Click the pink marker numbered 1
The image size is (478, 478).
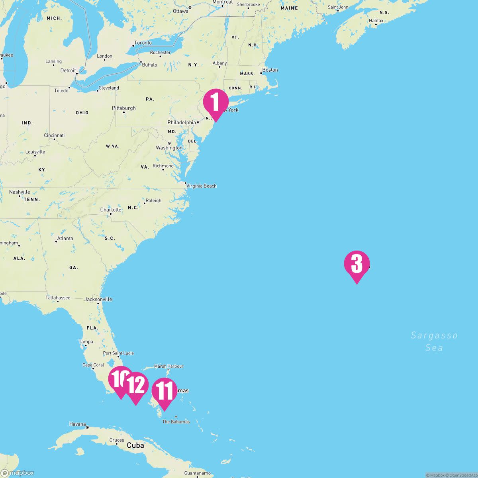(215, 102)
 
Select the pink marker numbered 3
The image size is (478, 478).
(357, 264)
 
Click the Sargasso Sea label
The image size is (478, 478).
(434, 341)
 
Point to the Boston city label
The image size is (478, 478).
(270, 70)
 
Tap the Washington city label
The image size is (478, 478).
(169, 148)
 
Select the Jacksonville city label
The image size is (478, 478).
(98, 299)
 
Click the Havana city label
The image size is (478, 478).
(78, 424)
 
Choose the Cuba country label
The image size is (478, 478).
(135, 445)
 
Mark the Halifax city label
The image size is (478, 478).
(376, 21)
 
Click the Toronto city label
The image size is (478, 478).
(143, 43)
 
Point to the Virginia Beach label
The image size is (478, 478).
(202, 186)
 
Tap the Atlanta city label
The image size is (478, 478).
(65, 239)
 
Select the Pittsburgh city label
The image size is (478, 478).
(124, 108)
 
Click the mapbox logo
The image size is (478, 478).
(18, 473)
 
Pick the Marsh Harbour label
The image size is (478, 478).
(168, 366)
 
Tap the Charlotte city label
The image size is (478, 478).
(111, 210)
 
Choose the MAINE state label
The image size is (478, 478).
(289, 8)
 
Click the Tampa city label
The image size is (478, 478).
(86, 342)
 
